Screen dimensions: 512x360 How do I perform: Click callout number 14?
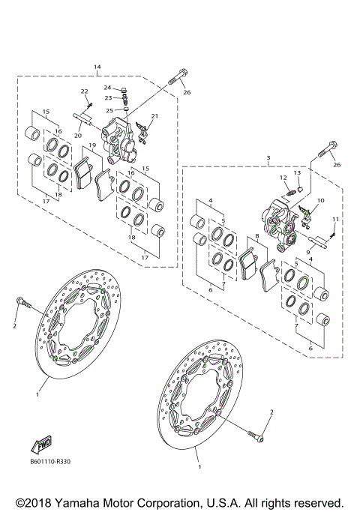point(97,67)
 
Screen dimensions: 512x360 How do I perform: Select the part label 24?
point(107,88)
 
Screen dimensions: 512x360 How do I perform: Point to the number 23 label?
point(107,97)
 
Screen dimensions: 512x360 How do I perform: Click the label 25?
point(109,110)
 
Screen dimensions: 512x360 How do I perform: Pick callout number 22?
point(85,91)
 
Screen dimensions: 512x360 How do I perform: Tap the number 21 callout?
point(155,116)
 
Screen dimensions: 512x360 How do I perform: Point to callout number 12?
point(283,178)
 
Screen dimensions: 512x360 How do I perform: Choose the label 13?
point(297,172)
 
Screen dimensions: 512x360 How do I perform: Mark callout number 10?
point(320,200)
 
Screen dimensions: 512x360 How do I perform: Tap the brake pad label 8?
point(256,236)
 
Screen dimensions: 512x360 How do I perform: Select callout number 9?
point(307,253)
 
